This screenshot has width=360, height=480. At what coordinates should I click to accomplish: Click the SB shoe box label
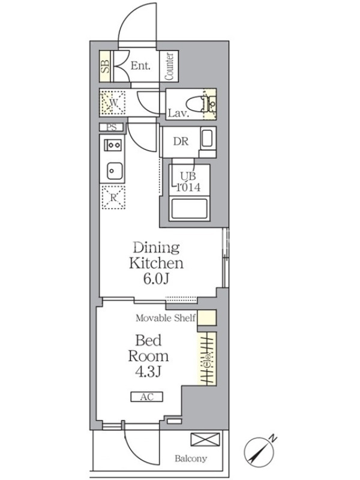point(106,66)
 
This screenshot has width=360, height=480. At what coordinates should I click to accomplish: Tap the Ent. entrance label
point(140,65)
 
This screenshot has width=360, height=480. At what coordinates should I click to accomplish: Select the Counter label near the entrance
point(169,67)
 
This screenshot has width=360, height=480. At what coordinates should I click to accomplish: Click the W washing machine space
point(113,103)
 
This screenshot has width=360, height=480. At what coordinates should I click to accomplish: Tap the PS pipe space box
point(112,127)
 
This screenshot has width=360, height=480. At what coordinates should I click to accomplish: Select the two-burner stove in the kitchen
point(113,145)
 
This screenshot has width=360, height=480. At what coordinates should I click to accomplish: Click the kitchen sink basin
point(115,171)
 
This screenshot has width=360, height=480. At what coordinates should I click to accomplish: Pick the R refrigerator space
point(113,197)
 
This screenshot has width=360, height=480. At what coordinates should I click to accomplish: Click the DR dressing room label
point(181,142)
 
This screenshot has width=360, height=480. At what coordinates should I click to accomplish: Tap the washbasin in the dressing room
point(207,139)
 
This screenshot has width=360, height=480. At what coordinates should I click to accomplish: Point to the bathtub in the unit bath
point(189,209)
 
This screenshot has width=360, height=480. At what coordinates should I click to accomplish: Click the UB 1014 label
point(188,182)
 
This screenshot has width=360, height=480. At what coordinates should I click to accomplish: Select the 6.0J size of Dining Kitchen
point(156,278)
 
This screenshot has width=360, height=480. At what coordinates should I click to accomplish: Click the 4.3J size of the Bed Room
point(148,371)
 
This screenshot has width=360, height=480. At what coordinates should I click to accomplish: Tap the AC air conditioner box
point(146,397)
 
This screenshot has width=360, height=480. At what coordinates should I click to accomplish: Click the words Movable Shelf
point(166,318)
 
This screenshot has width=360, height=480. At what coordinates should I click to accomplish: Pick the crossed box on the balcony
point(205,439)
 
